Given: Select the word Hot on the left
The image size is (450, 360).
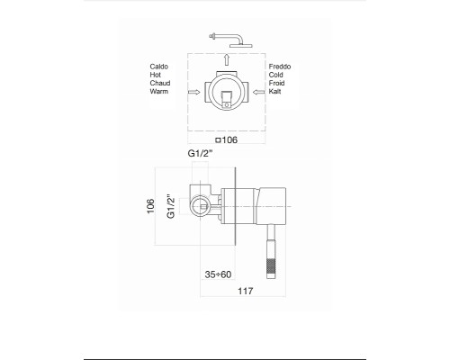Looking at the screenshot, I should coord(158,75).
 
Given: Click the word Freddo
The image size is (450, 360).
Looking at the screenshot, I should coord(281,67).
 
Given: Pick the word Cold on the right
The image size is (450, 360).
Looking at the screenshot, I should coord(277,75).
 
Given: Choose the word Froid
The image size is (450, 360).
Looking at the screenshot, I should coord(277,83).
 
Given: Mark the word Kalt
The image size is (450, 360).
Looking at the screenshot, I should coord(275,91).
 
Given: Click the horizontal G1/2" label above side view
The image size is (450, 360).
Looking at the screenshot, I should coord(201,154).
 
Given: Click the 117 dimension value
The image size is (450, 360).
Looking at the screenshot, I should coord(242,292).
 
